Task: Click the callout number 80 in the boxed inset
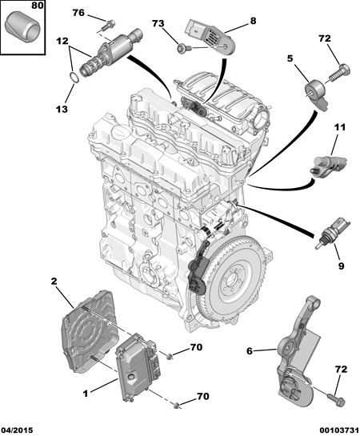pos(38,6)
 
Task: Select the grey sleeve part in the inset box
pos(22,26)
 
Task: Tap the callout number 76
pos(78,13)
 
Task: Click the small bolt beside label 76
pos(108,26)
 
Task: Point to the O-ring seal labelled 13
pos(74,77)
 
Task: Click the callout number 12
pos(62,41)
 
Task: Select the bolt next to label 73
pos(184,48)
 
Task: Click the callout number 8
pos(253,21)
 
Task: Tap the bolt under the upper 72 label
pos(340,73)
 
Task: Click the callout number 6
pos(250,351)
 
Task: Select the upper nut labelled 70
pos(169,356)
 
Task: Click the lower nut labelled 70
pos(176,406)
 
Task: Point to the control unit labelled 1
pos(138,367)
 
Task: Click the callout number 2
pos(54,281)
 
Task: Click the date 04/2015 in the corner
pos(17,430)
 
